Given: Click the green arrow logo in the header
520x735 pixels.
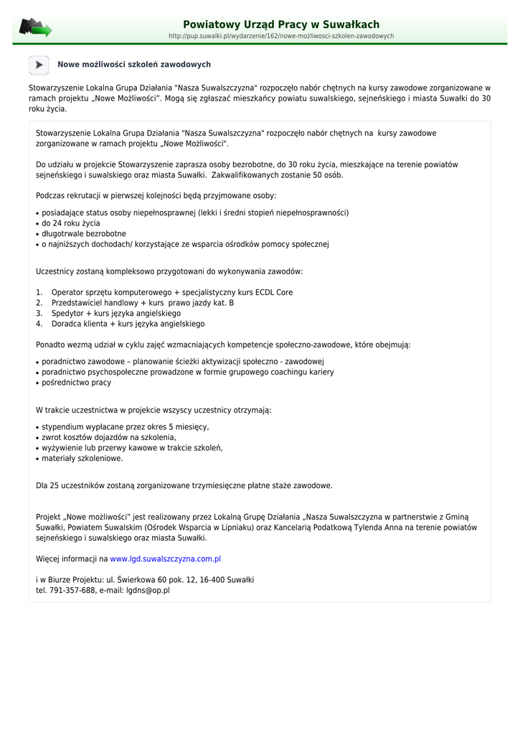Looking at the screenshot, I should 35,28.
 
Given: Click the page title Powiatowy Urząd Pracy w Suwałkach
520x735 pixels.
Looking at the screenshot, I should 281,24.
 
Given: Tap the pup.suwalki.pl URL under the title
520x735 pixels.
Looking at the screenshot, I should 281,36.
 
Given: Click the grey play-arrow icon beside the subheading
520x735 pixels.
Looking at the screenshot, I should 39,65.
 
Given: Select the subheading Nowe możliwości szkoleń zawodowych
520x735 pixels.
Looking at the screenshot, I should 134,65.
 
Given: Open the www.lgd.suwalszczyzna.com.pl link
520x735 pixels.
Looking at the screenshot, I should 165,558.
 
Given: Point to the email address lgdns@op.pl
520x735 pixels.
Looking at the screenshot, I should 148,591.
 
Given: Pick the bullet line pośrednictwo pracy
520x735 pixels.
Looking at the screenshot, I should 76,383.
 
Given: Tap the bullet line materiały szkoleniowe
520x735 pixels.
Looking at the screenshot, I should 82,459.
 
